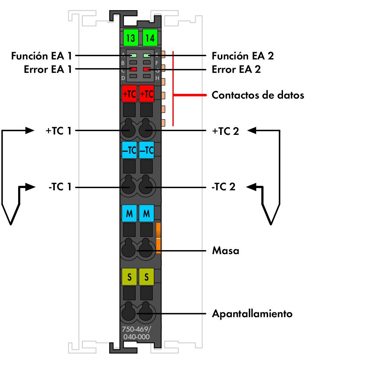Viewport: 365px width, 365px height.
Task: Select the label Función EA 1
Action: tap(41, 56)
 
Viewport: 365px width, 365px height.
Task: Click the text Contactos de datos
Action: tap(258, 95)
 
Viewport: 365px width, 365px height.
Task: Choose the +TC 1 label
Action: tap(58, 131)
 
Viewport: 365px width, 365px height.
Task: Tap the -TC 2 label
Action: tap(223, 187)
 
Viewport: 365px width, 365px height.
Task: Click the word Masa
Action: tap(225, 250)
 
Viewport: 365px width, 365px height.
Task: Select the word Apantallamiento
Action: tap(252, 313)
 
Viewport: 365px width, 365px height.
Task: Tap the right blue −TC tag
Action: tap(147, 150)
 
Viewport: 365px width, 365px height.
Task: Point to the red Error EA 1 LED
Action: tap(134, 69)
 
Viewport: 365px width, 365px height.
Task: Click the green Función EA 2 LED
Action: tap(147, 56)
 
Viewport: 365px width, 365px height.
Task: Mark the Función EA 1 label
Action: tap(41, 56)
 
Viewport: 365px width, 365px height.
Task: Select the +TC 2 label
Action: tap(225, 131)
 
